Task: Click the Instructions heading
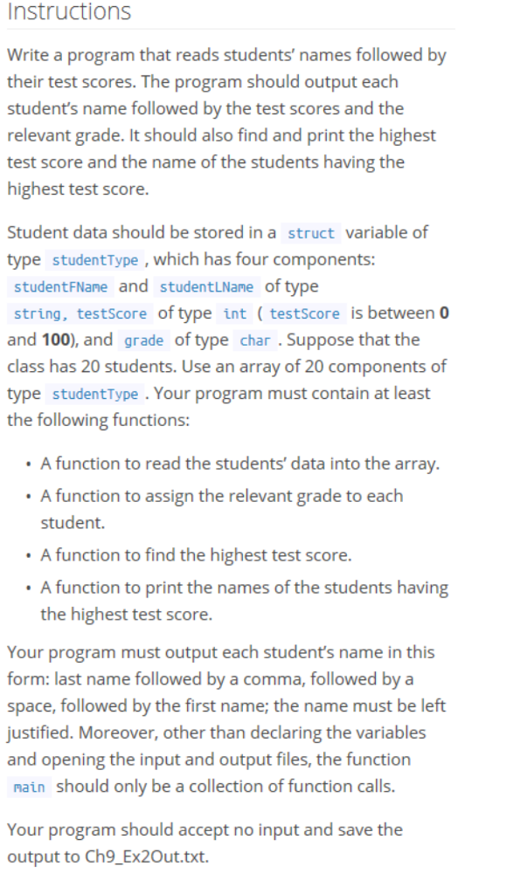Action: point(69,12)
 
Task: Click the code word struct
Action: point(311,233)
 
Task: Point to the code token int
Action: point(235,313)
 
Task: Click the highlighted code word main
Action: point(31,787)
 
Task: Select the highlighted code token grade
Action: point(145,340)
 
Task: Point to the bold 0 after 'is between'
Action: point(444,313)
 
